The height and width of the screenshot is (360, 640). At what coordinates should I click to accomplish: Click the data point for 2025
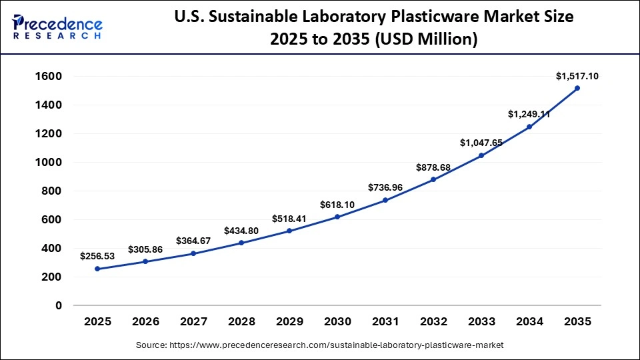(x=97, y=269)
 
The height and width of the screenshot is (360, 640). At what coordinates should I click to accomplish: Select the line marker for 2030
(x=337, y=217)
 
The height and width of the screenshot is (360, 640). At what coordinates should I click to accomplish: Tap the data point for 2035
(x=577, y=88)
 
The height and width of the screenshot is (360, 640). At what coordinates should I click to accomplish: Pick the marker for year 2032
(x=433, y=179)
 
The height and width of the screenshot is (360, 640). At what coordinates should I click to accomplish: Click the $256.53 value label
(x=97, y=256)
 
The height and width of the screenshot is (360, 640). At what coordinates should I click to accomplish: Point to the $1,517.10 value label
(x=577, y=76)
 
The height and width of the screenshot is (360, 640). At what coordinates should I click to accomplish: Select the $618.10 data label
(x=337, y=204)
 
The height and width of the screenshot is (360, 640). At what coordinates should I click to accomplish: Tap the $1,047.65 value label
(x=481, y=143)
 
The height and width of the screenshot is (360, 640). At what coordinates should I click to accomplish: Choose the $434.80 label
(x=241, y=230)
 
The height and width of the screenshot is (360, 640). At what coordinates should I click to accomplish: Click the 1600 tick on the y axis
(x=48, y=77)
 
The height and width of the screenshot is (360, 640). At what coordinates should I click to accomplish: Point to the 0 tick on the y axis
(x=59, y=305)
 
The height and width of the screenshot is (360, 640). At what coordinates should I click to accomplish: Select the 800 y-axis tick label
(x=51, y=191)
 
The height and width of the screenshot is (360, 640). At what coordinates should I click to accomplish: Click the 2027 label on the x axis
(x=193, y=321)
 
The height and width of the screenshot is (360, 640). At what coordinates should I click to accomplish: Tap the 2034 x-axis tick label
(x=529, y=321)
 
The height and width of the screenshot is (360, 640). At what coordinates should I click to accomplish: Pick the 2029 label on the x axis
(x=289, y=321)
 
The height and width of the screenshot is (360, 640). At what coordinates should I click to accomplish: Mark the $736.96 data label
(x=385, y=187)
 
